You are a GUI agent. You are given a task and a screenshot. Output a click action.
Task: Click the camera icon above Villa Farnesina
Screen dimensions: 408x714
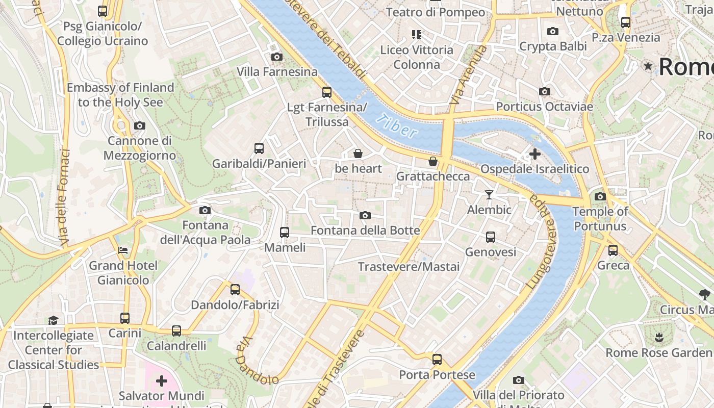click(x=277, y=57)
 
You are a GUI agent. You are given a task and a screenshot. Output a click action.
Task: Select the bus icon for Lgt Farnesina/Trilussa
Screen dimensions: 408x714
click(x=327, y=92)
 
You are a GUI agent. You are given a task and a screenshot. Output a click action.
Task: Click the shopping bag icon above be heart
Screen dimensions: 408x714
click(x=358, y=154)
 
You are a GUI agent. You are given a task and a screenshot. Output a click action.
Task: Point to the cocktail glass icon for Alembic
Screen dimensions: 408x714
click(x=489, y=194)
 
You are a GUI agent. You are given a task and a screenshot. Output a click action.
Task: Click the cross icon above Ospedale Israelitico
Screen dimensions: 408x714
click(x=535, y=154)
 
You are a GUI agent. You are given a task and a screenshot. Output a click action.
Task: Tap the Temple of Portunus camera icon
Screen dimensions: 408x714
click(x=600, y=196)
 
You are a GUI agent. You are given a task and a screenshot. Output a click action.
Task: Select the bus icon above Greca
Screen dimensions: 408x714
click(x=613, y=250)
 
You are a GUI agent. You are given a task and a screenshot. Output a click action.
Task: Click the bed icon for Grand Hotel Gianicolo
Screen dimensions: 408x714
click(x=123, y=250)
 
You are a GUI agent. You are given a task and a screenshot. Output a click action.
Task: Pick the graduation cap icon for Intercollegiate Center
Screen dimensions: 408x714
click(x=54, y=320)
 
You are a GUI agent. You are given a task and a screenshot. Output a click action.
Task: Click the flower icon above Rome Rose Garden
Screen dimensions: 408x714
click(x=659, y=337)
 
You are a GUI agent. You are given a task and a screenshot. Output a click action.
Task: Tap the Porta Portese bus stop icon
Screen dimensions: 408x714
click(x=437, y=360)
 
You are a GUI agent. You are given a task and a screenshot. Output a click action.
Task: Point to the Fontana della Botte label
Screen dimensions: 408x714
click(x=365, y=231)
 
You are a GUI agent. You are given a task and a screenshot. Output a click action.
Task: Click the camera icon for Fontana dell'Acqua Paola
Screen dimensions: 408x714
click(x=205, y=210)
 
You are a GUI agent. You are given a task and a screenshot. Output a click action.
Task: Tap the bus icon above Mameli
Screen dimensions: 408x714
click(x=285, y=233)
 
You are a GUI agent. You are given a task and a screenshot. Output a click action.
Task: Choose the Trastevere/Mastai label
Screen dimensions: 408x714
click(x=409, y=267)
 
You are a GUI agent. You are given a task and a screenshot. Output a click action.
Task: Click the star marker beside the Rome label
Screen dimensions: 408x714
click(x=648, y=66)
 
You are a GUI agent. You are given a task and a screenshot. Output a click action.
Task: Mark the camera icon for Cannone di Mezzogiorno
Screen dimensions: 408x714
click(x=139, y=125)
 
